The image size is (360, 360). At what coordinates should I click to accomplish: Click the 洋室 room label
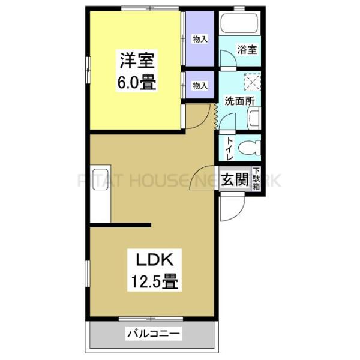(x=137, y=61)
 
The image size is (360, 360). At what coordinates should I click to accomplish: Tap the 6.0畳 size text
(x=137, y=83)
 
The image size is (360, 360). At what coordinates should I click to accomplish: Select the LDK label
(x=154, y=261)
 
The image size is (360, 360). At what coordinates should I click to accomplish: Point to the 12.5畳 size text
(x=154, y=281)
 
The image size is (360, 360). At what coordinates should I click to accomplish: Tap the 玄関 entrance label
(x=235, y=179)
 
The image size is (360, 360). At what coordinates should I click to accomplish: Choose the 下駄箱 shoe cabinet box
(x=256, y=179)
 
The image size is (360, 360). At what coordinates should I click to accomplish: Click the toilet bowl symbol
(x=248, y=147)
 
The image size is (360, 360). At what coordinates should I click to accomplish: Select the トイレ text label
(x=229, y=147)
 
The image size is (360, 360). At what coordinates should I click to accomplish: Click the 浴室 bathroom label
(x=247, y=50)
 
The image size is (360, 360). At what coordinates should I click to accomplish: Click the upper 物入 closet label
(x=200, y=40)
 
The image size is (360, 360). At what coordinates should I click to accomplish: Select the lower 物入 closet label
(x=200, y=86)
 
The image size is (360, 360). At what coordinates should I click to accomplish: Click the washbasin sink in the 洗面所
(x=254, y=118)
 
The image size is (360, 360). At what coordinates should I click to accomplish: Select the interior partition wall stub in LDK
(x=120, y=225)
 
